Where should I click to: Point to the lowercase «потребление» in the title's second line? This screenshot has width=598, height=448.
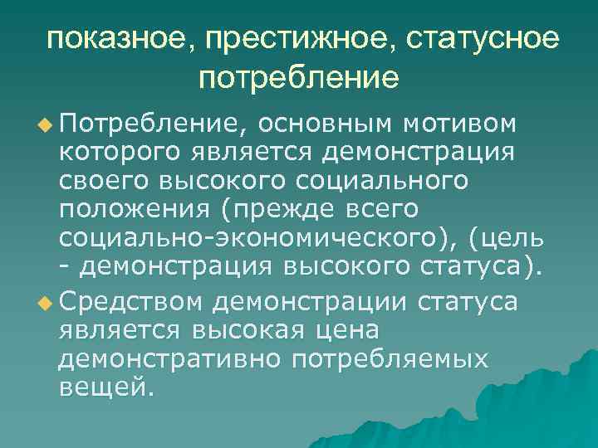[299, 80]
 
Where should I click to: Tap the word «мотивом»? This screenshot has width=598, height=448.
[461, 124]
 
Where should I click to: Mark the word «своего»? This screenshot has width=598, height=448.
[101, 182]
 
